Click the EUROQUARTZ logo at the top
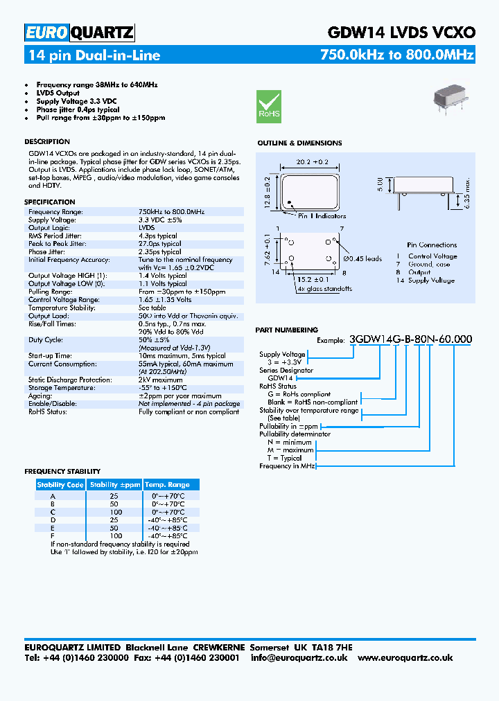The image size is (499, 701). click(x=80, y=33)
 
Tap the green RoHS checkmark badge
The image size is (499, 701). click(x=269, y=106)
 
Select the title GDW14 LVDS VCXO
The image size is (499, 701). click(x=401, y=33)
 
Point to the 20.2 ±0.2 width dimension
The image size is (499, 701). click(x=311, y=161)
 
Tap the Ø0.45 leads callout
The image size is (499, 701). click(x=362, y=259)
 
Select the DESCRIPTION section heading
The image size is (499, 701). click(x=47, y=142)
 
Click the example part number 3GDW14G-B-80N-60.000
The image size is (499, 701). click(x=412, y=339)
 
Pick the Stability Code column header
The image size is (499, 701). click(x=60, y=485)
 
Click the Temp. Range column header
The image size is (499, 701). click(x=167, y=485)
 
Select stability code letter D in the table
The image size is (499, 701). click(x=53, y=520)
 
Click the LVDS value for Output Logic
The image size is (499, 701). click(x=146, y=227)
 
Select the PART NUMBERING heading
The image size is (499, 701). click(x=286, y=330)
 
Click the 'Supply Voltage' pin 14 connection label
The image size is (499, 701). click(x=431, y=281)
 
